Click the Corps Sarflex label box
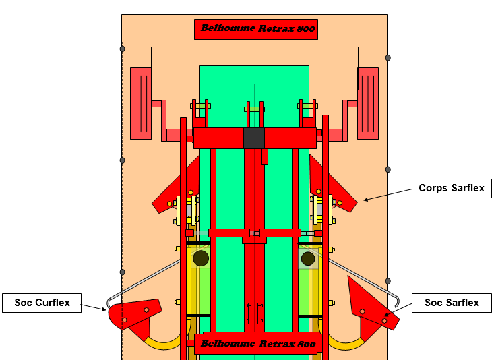click(452, 188)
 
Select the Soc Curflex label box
click(42, 303)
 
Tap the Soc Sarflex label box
click(452, 303)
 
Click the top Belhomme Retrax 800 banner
click(256, 29)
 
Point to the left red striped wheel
click(141, 103)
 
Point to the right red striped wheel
click(368, 103)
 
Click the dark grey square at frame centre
click(254, 138)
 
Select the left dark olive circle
click(201, 258)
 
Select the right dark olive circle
click(308, 258)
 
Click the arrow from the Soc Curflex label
click(93, 307)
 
